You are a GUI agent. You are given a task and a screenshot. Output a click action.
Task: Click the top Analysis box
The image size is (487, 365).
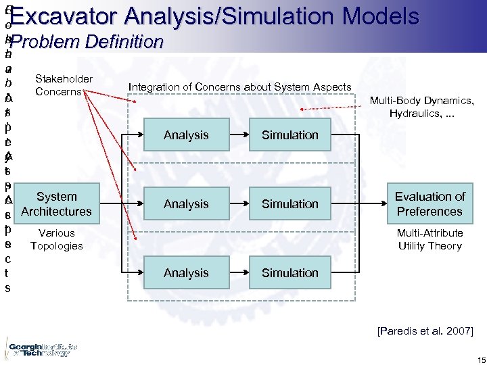(x=186, y=135)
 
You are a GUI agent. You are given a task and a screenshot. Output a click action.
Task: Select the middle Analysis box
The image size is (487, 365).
(x=186, y=204)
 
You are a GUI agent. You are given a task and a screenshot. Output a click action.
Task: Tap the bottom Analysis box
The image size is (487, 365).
(x=186, y=273)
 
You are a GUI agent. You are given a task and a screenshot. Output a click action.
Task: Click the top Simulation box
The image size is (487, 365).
(x=290, y=135)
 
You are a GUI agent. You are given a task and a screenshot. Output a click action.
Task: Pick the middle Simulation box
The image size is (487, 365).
(x=290, y=204)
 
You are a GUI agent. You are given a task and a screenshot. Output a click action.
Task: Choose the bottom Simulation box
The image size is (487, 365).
(x=290, y=273)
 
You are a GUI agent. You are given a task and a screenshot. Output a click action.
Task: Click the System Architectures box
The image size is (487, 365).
(x=56, y=204)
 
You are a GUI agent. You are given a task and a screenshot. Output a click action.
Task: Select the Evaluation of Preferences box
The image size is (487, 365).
(x=430, y=204)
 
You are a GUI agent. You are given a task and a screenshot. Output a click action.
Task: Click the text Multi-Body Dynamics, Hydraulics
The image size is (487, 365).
(x=421, y=107)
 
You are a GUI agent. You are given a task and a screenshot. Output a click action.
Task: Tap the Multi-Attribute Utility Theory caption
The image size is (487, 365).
(x=430, y=239)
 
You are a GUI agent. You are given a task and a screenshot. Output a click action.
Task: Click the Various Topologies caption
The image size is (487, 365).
(x=56, y=239)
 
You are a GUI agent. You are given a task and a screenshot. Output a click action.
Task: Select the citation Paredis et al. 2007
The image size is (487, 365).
(x=425, y=331)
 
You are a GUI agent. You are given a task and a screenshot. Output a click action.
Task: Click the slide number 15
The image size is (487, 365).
(x=472, y=358)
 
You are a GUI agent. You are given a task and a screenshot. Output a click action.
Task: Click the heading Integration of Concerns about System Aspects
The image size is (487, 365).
(x=240, y=87)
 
